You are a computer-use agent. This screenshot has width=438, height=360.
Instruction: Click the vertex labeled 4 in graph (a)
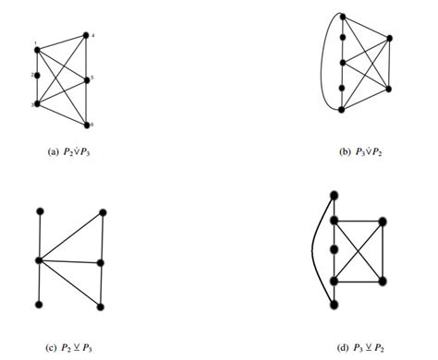(x=86, y=36)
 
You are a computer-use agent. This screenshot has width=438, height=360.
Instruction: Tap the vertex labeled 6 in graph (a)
(x=86, y=125)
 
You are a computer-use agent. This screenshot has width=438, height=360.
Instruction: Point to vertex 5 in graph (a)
(x=86, y=80)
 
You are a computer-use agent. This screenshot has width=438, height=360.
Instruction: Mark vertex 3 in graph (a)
(x=37, y=104)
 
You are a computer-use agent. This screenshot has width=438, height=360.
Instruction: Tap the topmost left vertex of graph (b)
(x=342, y=18)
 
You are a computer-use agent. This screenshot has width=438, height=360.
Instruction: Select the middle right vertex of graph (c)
(x=101, y=263)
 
